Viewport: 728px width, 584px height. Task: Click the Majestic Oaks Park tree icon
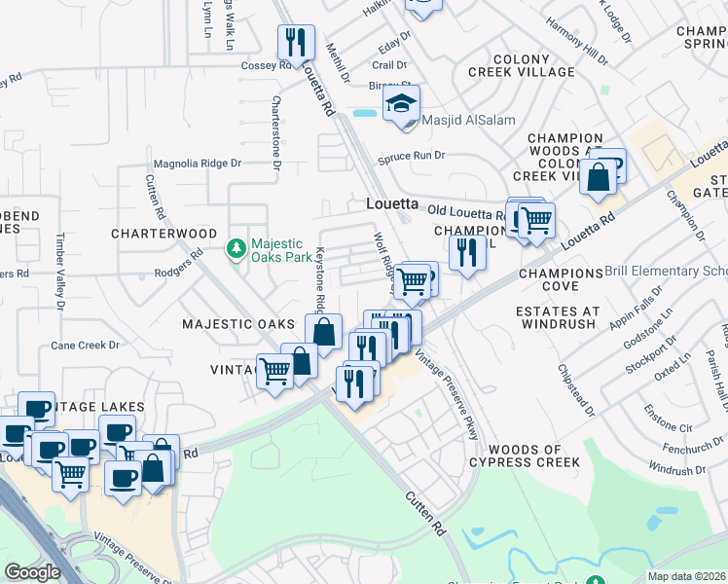(x=236, y=249)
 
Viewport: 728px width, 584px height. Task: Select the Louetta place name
(x=391, y=204)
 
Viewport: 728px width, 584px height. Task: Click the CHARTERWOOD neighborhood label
(x=164, y=234)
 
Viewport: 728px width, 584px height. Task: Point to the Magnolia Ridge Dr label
(x=196, y=164)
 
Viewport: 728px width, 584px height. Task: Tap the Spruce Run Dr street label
(x=412, y=155)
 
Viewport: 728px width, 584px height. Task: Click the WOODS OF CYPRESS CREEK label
(x=533, y=456)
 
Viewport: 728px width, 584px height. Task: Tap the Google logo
(x=32, y=572)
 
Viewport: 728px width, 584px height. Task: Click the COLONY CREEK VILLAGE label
(x=521, y=65)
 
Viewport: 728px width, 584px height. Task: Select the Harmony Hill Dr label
(x=576, y=43)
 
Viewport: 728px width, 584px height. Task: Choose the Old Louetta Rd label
(x=464, y=211)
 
